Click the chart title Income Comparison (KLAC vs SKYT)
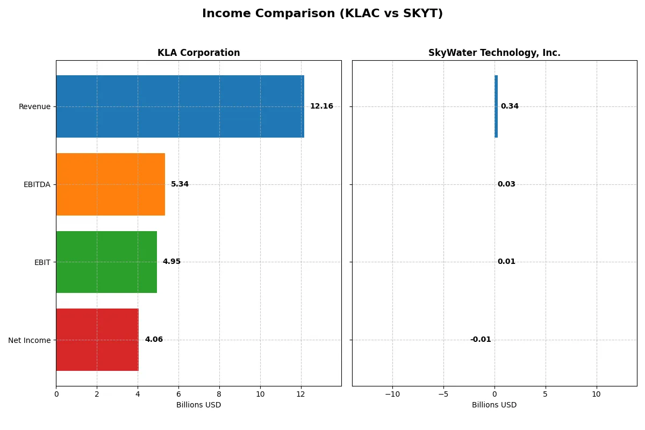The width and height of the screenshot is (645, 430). pos(322,14)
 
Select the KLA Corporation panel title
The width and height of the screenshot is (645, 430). pos(198,53)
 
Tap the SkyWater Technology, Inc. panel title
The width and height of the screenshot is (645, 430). pos(494,53)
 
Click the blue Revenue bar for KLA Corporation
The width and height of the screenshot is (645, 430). pos(180,106)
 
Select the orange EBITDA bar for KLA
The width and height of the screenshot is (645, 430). pos(110,184)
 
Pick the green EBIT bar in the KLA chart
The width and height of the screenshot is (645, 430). pos(106,262)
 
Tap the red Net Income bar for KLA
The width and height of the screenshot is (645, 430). pos(97,340)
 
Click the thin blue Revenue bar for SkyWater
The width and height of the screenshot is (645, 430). pos(496,106)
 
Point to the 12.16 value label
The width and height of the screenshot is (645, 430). pos(321,106)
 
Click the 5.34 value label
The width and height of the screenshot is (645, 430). pos(180,184)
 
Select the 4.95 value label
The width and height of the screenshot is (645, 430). pos(171,262)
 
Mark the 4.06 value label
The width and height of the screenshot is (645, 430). pos(154,340)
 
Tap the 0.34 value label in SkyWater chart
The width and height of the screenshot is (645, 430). pos(510,106)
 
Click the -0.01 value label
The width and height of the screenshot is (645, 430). pos(481,340)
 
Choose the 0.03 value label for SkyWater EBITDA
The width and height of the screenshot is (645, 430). pos(506,184)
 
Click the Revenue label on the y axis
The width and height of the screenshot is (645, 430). pos(34,106)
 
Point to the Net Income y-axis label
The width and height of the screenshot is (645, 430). pos(30,340)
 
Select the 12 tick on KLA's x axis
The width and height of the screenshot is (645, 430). pos(301,394)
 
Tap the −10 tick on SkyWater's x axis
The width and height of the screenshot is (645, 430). pos(392,394)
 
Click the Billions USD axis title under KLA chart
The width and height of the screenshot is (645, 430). pos(198,405)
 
